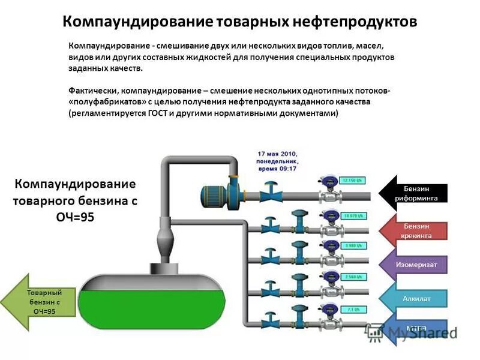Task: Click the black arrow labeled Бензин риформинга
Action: click(414, 193)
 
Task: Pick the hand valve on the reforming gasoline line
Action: click(271, 191)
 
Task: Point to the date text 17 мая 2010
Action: click(277, 154)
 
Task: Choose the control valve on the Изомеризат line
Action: click(298, 254)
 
